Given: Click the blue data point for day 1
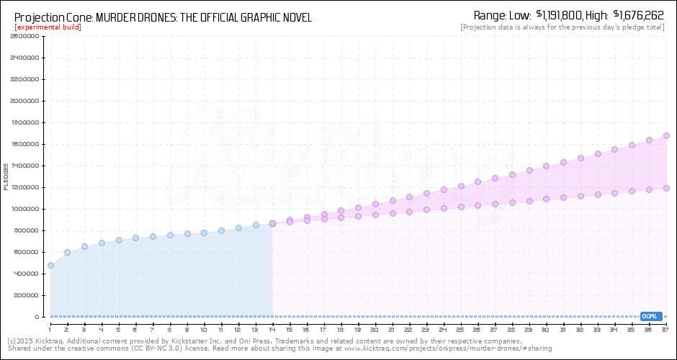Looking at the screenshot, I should pyautogui.click(x=50, y=266).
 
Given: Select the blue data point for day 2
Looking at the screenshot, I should pyautogui.click(x=67, y=253).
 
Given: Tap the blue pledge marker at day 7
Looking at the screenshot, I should pyautogui.click(x=153, y=236).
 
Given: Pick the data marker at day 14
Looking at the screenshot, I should pyautogui.click(x=272, y=224).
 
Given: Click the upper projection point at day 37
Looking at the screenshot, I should pyautogui.click(x=666, y=135).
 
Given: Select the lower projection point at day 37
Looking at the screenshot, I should pyautogui.click(x=666, y=188).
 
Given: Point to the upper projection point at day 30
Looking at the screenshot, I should pyautogui.click(x=547, y=166).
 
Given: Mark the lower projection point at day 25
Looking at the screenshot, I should pyautogui.click(x=461, y=207).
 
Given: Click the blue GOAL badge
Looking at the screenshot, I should pyautogui.click(x=650, y=316).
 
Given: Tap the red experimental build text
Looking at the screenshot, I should pyautogui.click(x=48, y=27).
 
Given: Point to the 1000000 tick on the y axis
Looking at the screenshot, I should pyautogui.click(x=25, y=209).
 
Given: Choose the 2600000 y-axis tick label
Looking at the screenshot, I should pyautogui.click(x=25, y=36).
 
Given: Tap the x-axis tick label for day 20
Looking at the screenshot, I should pyautogui.click(x=375, y=329).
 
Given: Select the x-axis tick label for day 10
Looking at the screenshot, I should pyautogui.click(x=204, y=329).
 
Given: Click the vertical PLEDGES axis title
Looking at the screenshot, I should pyautogui.click(x=6, y=176).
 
